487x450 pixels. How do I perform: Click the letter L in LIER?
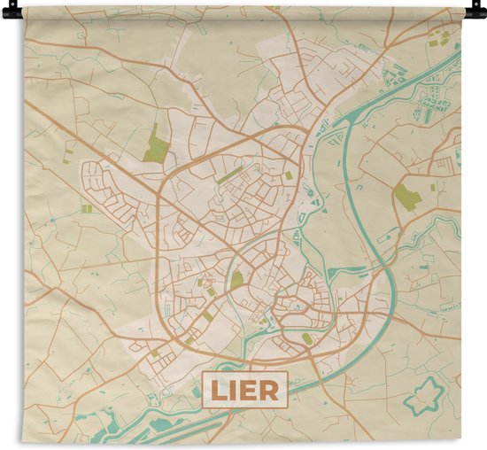pos(218,391)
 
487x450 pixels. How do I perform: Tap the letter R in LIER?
pos(270,391)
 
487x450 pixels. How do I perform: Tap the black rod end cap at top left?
pos(6,12)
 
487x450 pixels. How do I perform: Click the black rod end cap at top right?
pos(481,12)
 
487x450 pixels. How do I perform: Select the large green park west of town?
pos(156,144)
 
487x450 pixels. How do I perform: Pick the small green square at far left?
pos(86,208)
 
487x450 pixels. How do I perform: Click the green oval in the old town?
pos(306,337)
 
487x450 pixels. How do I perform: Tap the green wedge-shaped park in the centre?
pos(236,280)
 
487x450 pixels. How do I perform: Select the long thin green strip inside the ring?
pos(229,175)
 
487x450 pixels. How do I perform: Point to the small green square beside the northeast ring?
pos(289,175)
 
